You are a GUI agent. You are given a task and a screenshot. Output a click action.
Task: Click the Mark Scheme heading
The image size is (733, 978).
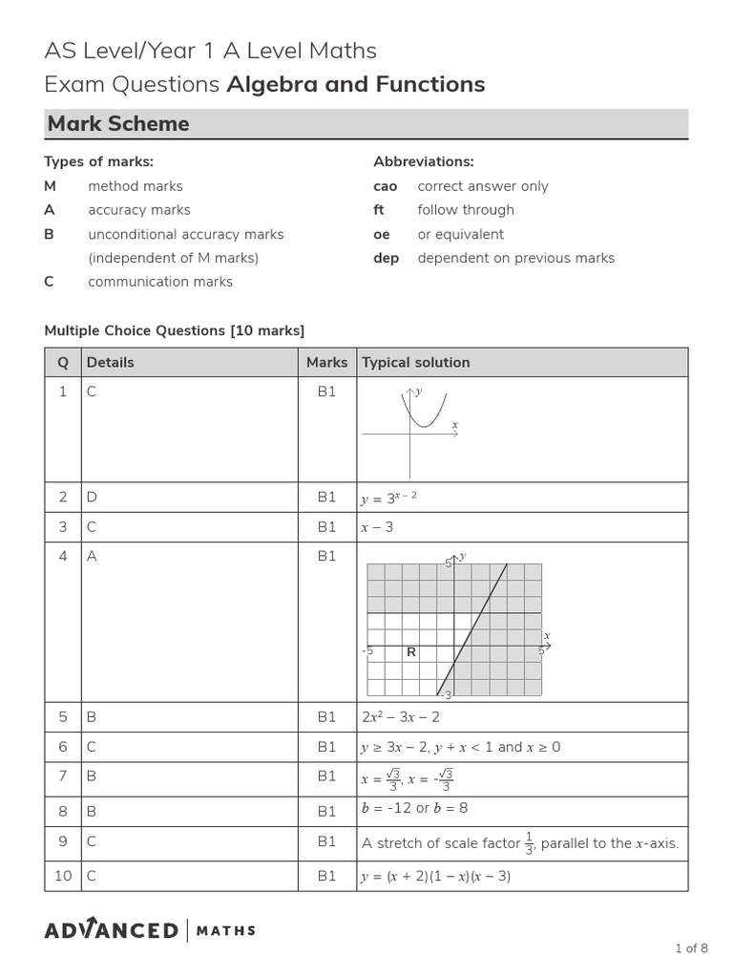coord(118,124)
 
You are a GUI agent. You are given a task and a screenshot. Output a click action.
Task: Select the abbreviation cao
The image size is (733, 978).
coord(386,186)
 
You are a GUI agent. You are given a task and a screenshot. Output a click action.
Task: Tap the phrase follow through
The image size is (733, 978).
coord(466,210)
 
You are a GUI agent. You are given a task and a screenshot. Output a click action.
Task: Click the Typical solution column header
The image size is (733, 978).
coord(415,363)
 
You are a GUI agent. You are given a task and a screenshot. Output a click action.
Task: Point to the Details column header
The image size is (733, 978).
coord(111,363)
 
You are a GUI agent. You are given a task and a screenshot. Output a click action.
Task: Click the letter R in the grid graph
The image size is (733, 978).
coord(411,652)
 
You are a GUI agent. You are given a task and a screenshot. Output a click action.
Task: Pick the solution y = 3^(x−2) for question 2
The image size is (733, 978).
coord(389,498)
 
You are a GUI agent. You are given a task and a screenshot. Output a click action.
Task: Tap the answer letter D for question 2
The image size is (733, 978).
coord(93,498)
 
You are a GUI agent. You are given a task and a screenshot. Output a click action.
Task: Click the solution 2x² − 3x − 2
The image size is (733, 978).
coord(400,717)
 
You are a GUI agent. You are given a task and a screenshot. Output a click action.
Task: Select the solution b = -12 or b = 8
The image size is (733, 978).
coord(414,809)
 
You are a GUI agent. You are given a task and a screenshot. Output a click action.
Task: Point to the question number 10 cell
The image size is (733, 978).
coord(63,876)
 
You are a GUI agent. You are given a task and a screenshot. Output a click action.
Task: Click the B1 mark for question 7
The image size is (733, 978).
coord(327,776)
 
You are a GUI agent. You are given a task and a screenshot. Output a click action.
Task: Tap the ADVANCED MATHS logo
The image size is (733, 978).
coord(150,930)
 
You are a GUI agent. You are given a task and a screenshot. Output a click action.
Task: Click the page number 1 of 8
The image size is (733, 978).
coord(691,948)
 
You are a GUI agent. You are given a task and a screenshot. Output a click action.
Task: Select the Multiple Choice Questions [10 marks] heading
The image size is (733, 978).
coord(175,330)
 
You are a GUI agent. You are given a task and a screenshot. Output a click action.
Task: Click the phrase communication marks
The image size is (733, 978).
coord(160,282)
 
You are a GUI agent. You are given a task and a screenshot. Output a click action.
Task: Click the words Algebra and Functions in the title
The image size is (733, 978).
coord(355,84)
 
